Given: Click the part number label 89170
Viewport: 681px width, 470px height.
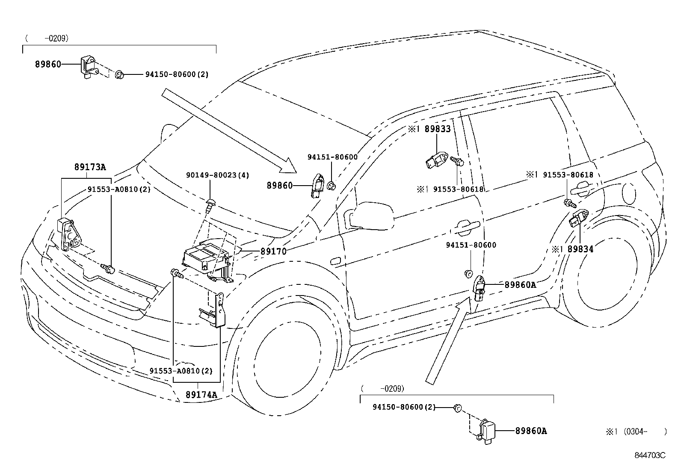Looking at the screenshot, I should tap(273, 251).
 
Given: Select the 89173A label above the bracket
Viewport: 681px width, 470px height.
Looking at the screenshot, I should tap(90, 167).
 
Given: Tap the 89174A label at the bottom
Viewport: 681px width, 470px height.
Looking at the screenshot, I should tap(201, 394).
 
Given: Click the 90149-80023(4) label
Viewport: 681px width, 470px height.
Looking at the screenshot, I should tap(217, 175).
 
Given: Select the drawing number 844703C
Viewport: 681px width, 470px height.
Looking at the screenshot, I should tap(650, 455).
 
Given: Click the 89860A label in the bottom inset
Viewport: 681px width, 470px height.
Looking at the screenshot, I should tap(531, 431).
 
